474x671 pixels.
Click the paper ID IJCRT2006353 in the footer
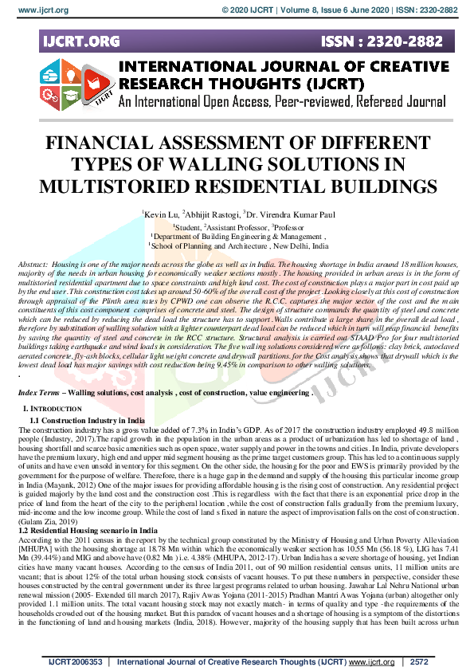tap(76, 662)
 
